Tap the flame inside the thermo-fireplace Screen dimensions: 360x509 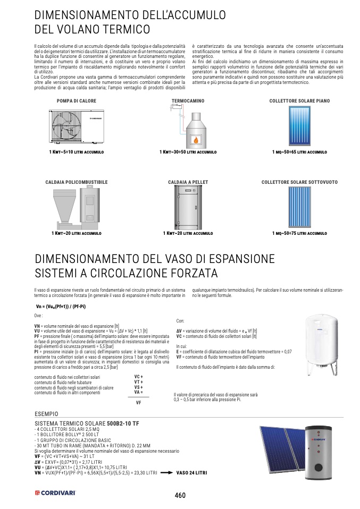click(x=196, y=140)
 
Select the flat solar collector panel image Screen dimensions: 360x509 click(x=299, y=126)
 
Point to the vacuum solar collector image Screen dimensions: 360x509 click(x=299, y=207)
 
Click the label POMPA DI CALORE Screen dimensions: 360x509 click(x=77, y=101)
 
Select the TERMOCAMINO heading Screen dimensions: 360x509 click(x=188, y=101)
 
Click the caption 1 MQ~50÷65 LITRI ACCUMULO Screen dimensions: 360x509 click(x=299, y=152)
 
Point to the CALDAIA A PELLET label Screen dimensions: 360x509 click(x=188, y=182)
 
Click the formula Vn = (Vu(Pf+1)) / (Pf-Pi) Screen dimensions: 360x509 click(x=61, y=307)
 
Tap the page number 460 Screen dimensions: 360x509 click(x=180, y=495)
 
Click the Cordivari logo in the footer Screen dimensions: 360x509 click(x=55, y=493)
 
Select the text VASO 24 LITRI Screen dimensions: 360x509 click(x=191, y=473)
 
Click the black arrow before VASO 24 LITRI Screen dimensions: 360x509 click(x=166, y=473)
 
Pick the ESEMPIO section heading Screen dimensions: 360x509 click(x=46, y=414)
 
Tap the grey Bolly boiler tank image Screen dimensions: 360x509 click(x=319, y=453)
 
